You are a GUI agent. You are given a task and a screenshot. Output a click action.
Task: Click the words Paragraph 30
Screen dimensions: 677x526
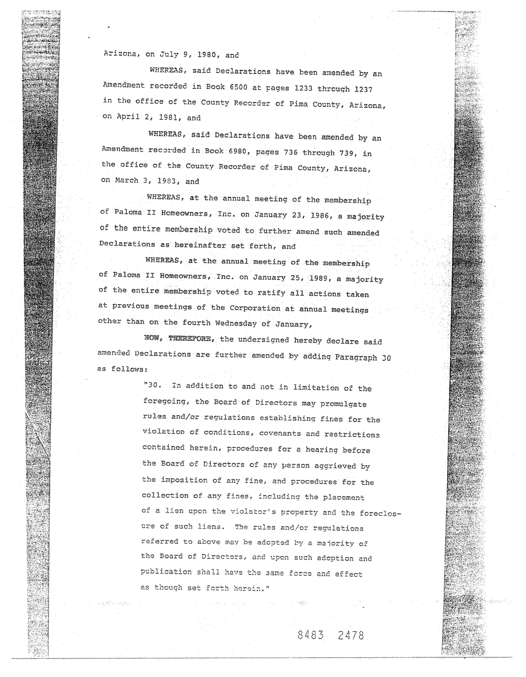click(x=363, y=357)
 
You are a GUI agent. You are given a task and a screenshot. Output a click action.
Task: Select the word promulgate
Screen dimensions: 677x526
click(x=343, y=404)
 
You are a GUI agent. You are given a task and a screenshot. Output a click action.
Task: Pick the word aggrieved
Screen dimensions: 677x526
click(x=335, y=466)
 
